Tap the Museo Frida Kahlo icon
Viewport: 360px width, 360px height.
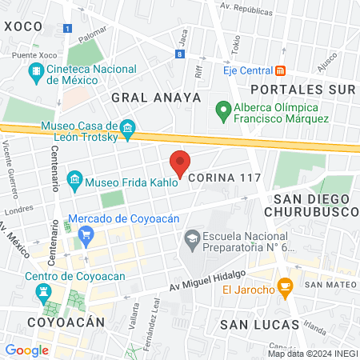click(x=75, y=178)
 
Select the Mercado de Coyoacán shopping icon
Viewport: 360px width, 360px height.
click(x=87, y=234)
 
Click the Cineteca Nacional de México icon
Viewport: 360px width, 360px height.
click(x=36, y=74)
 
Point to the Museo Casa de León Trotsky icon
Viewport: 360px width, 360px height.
click(x=126, y=129)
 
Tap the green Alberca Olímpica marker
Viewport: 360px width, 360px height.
click(x=223, y=110)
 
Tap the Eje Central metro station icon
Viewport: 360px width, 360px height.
click(x=279, y=70)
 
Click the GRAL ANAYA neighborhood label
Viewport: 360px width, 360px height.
click(x=142, y=96)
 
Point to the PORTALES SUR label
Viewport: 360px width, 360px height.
click(x=300, y=88)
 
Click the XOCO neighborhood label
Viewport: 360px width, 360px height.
click(x=22, y=26)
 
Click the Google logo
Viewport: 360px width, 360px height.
click(x=26, y=350)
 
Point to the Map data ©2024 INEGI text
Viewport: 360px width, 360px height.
click(x=312, y=353)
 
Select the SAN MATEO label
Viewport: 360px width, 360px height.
click(x=324, y=284)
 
